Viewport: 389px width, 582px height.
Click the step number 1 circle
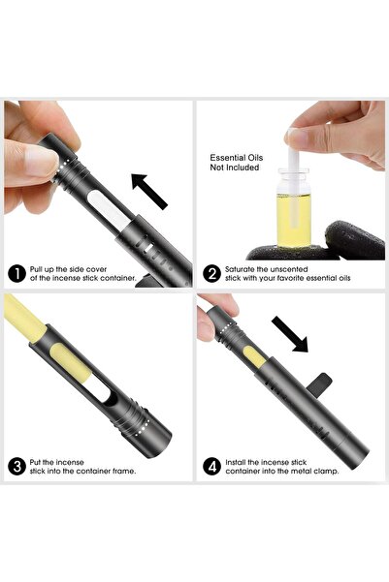pos(16,273)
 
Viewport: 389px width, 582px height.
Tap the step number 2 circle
pos(212,273)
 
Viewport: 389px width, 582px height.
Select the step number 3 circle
pos(16,466)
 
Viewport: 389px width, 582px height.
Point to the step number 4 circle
pos(212,466)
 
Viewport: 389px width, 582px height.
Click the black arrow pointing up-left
pos(149,191)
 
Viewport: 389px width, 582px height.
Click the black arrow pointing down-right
pos(290,334)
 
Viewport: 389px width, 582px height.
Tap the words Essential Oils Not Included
pos(236,163)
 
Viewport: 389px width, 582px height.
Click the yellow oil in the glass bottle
pos(294,220)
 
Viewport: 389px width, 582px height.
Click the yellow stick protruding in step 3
pos(24,318)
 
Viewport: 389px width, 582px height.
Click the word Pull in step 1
pos(37,269)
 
